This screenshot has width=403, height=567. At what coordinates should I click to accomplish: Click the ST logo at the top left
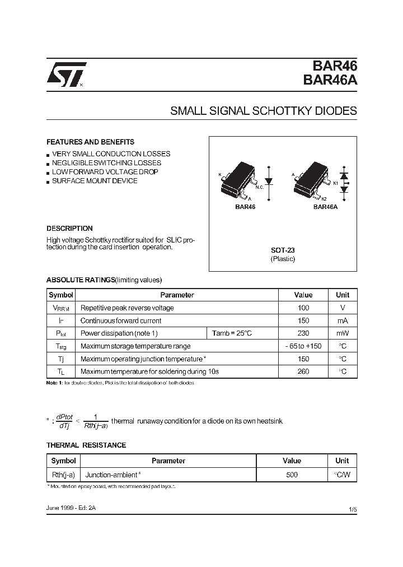tap(65, 75)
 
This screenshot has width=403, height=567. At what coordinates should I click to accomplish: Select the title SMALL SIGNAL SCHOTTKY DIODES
tap(263, 111)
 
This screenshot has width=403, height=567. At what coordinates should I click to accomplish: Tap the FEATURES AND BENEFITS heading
tap(90, 142)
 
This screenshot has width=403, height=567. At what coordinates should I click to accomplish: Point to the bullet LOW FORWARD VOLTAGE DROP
tap(105, 172)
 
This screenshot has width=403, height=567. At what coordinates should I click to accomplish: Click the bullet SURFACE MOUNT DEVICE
tap(95, 181)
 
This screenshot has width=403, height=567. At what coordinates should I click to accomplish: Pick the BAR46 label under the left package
tap(245, 207)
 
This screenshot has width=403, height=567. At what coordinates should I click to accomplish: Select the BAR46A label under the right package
tap(325, 207)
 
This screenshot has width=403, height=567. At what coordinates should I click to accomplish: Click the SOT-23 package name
tap(283, 250)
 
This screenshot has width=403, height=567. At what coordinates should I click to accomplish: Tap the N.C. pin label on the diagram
tap(260, 187)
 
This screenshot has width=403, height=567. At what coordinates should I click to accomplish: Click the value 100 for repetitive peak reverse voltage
tap(303, 308)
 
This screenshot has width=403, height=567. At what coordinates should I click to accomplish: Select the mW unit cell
tap(342, 333)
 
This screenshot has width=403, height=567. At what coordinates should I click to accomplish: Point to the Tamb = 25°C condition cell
tap(232, 333)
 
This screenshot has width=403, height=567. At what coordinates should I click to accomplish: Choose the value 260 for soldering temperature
tap(303, 371)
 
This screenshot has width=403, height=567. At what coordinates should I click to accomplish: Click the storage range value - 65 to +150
tap(303, 346)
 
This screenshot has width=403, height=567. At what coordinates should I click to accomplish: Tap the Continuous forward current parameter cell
tap(121, 320)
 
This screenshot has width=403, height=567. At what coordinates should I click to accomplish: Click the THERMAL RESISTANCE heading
tap(86, 445)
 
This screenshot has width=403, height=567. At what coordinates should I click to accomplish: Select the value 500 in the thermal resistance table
tap(292, 475)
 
